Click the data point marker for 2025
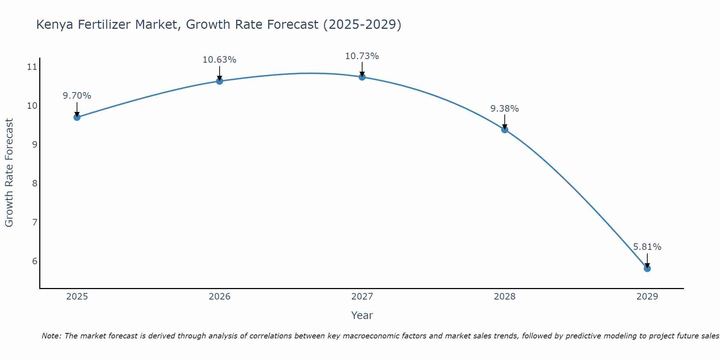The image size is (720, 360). (x=77, y=117)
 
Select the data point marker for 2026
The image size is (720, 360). (x=219, y=81)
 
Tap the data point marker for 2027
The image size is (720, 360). (x=362, y=77)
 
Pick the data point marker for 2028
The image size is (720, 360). (x=504, y=130)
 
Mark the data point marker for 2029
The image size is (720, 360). (x=647, y=268)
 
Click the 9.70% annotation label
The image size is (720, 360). (x=77, y=96)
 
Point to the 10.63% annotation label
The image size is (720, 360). (x=219, y=60)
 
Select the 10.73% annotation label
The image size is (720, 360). (x=362, y=56)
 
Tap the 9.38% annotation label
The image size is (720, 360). (x=504, y=109)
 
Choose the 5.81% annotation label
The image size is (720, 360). (x=647, y=247)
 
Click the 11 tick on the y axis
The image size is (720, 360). (x=32, y=67)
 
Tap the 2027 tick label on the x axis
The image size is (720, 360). (x=362, y=297)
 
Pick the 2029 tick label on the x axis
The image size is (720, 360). (x=647, y=297)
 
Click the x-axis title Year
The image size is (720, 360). (x=362, y=315)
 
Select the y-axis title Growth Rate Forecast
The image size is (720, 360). (x=9, y=173)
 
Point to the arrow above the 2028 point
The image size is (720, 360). (x=504, y=122)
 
